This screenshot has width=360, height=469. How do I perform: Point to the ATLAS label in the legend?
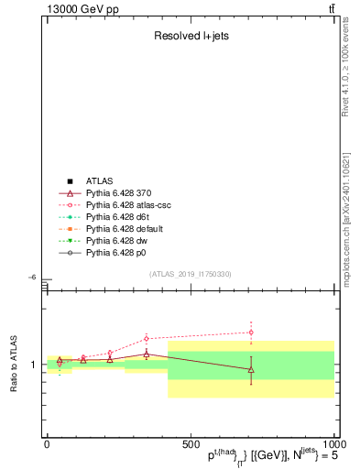click(x=100, y=181)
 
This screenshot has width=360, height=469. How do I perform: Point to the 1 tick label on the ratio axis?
click(x=34, y=365)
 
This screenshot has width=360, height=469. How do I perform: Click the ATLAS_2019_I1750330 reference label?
click(x=191, y=274)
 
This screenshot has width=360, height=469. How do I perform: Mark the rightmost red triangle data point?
click(x=251, y=369)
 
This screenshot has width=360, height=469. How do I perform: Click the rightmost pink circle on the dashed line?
click(x=251, y=333)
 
